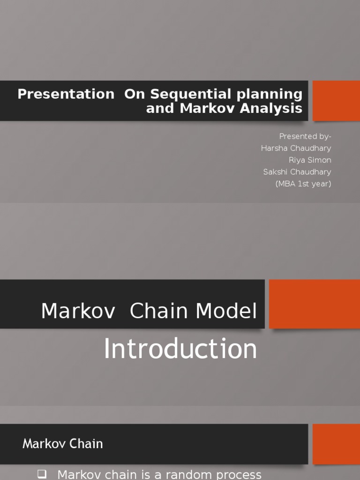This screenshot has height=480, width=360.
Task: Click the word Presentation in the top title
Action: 66,94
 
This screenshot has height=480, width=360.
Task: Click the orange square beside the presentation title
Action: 336,101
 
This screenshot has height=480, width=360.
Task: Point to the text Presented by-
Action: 305,136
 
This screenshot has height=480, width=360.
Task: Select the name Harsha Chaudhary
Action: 296,148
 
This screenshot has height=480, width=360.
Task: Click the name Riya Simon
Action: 310,160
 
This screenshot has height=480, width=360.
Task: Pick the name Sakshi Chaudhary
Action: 297,172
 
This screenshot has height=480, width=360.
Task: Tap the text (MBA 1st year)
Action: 303,184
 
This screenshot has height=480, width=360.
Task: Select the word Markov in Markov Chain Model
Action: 78,311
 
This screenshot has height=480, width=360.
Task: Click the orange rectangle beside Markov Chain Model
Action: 315,304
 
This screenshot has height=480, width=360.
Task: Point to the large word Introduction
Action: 180,349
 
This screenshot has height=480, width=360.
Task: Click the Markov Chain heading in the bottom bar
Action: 62,444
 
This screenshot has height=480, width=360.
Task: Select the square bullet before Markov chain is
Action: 42,474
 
